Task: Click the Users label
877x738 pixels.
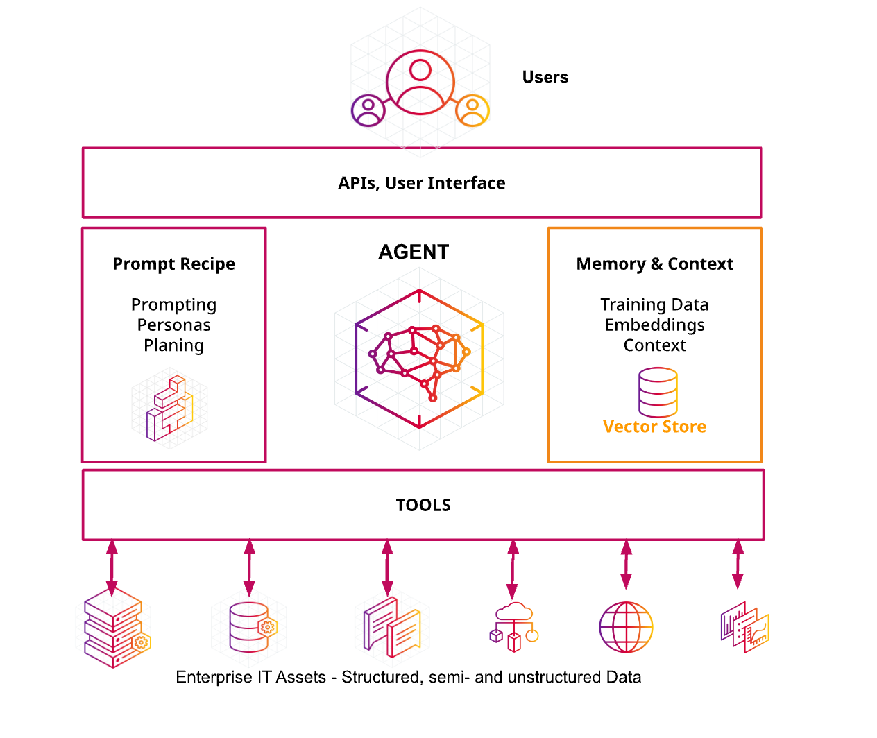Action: [545, 77]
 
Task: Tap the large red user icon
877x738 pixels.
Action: [420, 83]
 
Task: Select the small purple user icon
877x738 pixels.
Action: [368, 110]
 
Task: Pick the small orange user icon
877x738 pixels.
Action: [472, 110]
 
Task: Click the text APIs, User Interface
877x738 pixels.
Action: [421, 183]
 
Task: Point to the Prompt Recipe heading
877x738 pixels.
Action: [173, 264]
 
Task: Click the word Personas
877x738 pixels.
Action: [173, 325]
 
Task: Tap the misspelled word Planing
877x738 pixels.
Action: [173, 345]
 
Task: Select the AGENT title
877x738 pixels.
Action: [414, 252]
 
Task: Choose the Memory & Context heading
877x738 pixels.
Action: [654, 264]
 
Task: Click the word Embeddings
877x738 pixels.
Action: [654, 325]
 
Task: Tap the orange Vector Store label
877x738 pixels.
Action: [654, 427]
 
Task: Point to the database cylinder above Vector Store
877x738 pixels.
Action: [657, 392]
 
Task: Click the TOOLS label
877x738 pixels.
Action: [423, 505]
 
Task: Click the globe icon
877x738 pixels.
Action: [626, 627]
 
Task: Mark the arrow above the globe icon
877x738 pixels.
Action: [626, 565]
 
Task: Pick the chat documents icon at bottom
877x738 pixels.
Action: [392, 628]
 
